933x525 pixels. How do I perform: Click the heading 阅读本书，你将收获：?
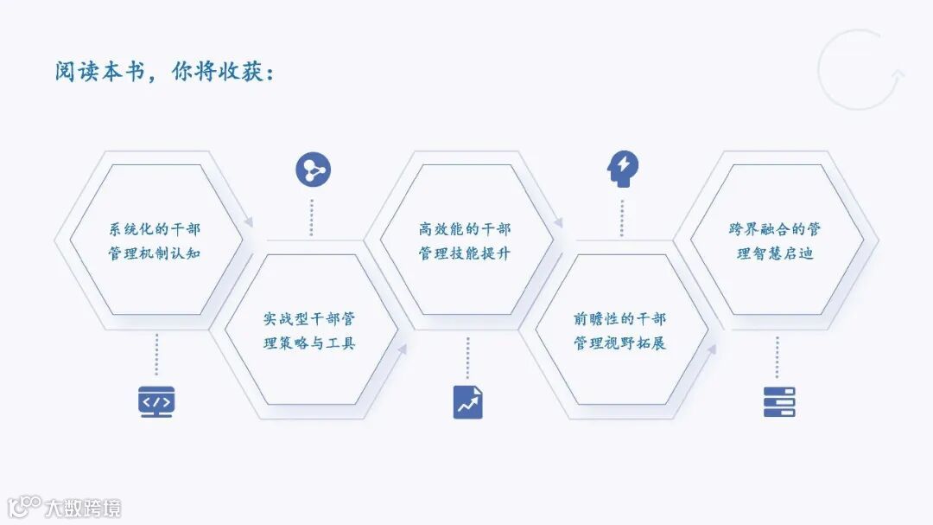tap(164, 72)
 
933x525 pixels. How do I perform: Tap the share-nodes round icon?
tap(313, 170)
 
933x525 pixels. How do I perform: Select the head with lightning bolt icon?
tap(623, 169)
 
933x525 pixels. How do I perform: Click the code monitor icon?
tap(156, 402)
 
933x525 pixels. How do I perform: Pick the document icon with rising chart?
tap(467, 402)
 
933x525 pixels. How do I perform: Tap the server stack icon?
tap(778, 402)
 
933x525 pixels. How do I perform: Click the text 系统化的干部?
tap(155, 229)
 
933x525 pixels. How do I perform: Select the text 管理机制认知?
tap(155, 254)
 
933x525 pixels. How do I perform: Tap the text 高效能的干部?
tap(465, 229)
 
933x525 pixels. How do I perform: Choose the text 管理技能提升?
tap(465, 254)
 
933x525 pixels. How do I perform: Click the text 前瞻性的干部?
tap(620, 318)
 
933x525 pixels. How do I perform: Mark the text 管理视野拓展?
tap(620, 343)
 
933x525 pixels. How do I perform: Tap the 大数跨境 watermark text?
tap(83, 508)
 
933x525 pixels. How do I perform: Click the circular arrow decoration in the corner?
tap(860, 70)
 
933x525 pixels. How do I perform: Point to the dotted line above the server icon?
tap(777, 357)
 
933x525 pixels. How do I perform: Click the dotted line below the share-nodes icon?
tap(312, 217)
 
